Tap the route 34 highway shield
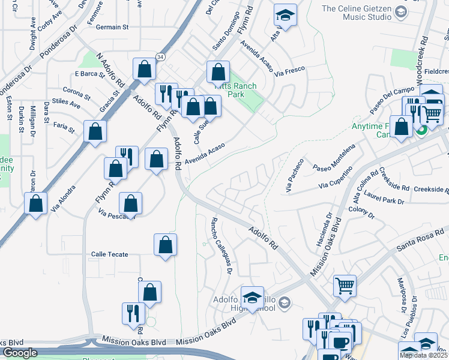click(160, 56)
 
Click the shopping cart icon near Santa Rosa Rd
click(345, 285)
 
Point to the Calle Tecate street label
click(109, 254)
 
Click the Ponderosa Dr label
click(59, 41)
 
